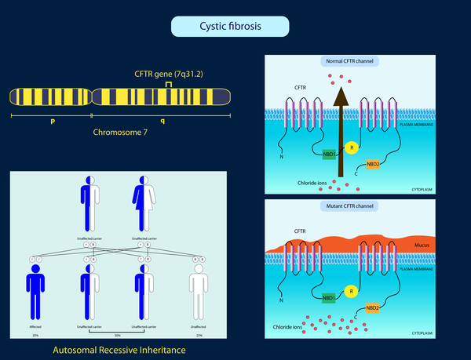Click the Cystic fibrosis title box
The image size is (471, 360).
click(x=230, y=27)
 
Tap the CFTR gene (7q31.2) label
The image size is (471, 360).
click(x=168, y=74)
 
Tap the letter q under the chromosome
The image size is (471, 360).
click(x=162, y=122)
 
